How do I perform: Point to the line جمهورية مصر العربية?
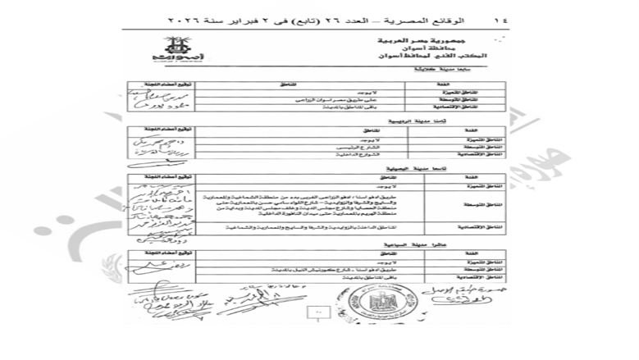tap(459, 39)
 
